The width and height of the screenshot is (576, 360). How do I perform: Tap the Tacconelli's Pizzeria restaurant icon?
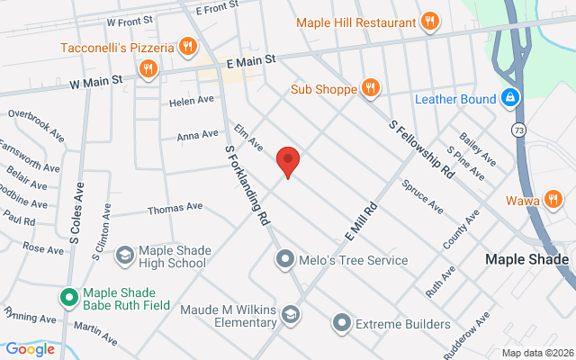(187, 46)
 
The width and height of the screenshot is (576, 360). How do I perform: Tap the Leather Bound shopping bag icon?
(510, 96)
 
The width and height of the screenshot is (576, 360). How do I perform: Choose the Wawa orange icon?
(553, 199)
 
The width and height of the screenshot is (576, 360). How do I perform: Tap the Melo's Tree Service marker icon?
(285, 260)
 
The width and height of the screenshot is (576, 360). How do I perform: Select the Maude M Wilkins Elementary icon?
(290, 314)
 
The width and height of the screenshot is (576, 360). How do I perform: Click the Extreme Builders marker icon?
(341, 323)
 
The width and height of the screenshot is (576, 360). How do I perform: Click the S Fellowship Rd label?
(422, 149)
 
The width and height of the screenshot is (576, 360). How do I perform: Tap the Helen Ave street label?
(192, 101)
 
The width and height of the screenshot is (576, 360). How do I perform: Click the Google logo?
(30, 349)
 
